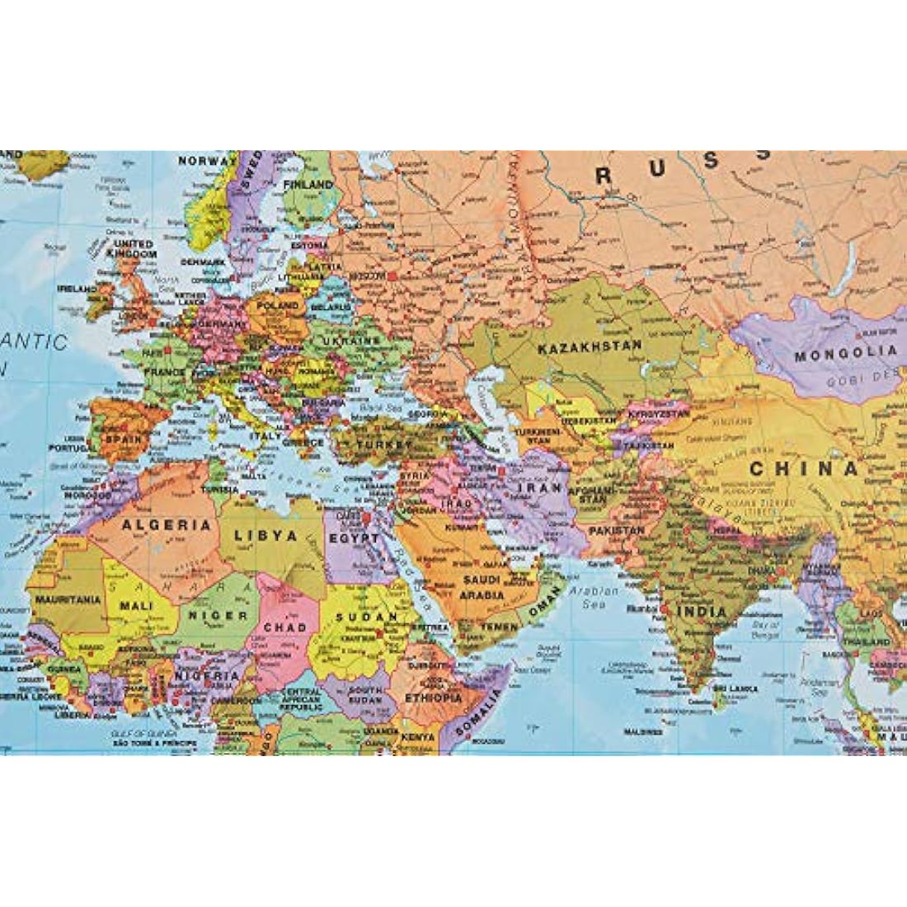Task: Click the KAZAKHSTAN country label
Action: pyautogui.click(x=589, y=348)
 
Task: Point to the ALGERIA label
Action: pyautogui.click(x=165, y=524)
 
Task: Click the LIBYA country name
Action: pyautogui.click(x=266, y=535)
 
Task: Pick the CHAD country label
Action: pyautogui.click(x=284, y=627)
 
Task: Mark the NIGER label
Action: pyautogui.click(x=219, y=615)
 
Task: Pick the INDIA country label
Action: pyautogui.click(x=701, y=612)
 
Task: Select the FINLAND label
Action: pyautogui.click(x=307, y=186)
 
